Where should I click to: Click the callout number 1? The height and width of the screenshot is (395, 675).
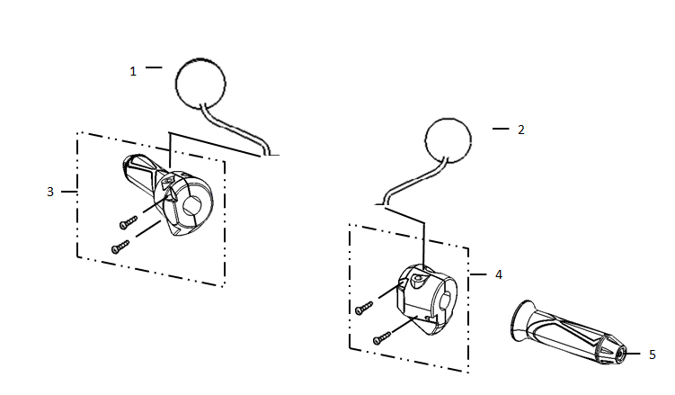pos(133,71)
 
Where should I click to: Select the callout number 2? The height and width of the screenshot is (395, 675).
pos(521,130)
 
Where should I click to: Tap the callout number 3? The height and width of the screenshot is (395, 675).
pos(50,192)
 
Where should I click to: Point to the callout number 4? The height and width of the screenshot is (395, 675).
pos(499,274)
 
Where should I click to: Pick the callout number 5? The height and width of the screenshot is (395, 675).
pos(653,355)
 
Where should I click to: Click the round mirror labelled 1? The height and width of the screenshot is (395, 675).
pos(200,82)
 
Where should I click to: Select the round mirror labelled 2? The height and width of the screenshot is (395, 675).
pos(449,140)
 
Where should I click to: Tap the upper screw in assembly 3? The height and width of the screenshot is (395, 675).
pos(129,222)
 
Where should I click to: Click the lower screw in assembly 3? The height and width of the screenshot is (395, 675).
pos(120,247)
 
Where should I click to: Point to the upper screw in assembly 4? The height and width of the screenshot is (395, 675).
pos(364,308)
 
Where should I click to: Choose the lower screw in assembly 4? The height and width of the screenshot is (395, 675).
pos(382,338)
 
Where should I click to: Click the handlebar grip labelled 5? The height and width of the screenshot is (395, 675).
pos(568,333)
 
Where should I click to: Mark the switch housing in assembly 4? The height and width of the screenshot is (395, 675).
pos(426,300)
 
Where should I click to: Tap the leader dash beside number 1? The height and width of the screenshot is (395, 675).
pos(154,67)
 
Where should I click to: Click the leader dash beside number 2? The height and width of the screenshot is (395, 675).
pos(501,129)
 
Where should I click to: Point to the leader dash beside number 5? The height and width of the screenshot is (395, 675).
pos(633,354)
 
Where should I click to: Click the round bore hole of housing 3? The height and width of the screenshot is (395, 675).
pos(192,206)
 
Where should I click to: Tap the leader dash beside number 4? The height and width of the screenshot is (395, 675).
pos(478,274)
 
